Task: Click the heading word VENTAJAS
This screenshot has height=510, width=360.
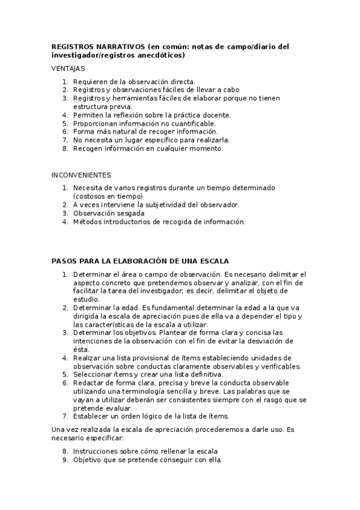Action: (x=69, y=69)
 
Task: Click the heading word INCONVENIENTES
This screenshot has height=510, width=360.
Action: (x=81, y=175)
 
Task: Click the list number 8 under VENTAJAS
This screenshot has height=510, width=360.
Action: (x=65, y=149)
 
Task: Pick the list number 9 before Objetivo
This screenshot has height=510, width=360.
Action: (x=65, y=460)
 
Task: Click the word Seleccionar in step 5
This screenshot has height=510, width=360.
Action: (x=93, y=375)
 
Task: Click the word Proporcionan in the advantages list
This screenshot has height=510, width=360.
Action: (x=97, y=123)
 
